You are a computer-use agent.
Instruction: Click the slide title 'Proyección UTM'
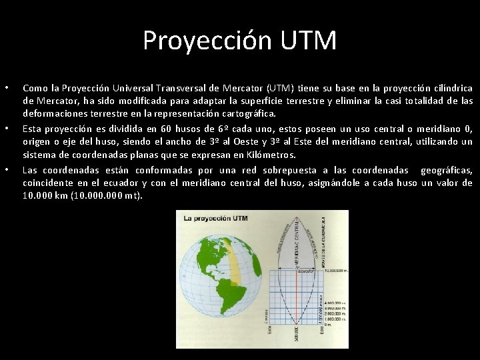click(x=239, y=41)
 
